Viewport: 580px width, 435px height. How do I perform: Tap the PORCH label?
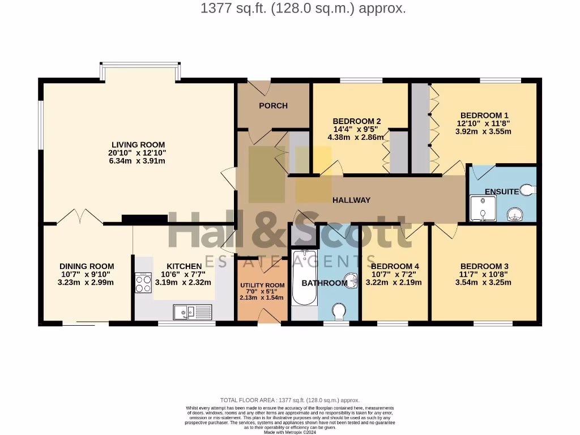273,105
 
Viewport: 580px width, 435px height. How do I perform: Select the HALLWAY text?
351,200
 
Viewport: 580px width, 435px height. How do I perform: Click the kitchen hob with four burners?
143,283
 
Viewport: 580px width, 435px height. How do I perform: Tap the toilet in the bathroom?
339,311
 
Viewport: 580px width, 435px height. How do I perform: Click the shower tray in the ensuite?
483,208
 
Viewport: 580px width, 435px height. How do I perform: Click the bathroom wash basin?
351,279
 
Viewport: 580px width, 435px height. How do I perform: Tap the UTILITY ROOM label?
262,285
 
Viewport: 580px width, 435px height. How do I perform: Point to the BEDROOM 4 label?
395,266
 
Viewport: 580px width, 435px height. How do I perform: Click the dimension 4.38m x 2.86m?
356,137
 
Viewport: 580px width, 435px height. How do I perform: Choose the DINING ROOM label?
87,266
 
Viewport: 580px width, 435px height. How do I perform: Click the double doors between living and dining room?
79,216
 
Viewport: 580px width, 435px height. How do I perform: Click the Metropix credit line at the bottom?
289,432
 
